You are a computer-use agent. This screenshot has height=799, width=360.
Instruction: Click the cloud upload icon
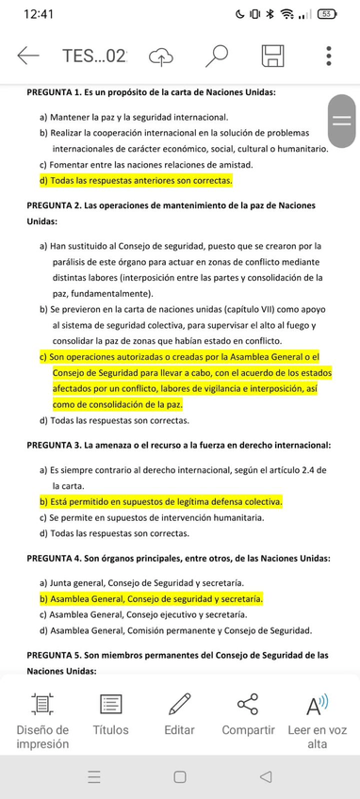click(162, 56)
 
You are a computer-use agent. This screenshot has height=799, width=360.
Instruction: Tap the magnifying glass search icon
click(218, 56)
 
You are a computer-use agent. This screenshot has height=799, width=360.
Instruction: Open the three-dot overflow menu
click(328, 56)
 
